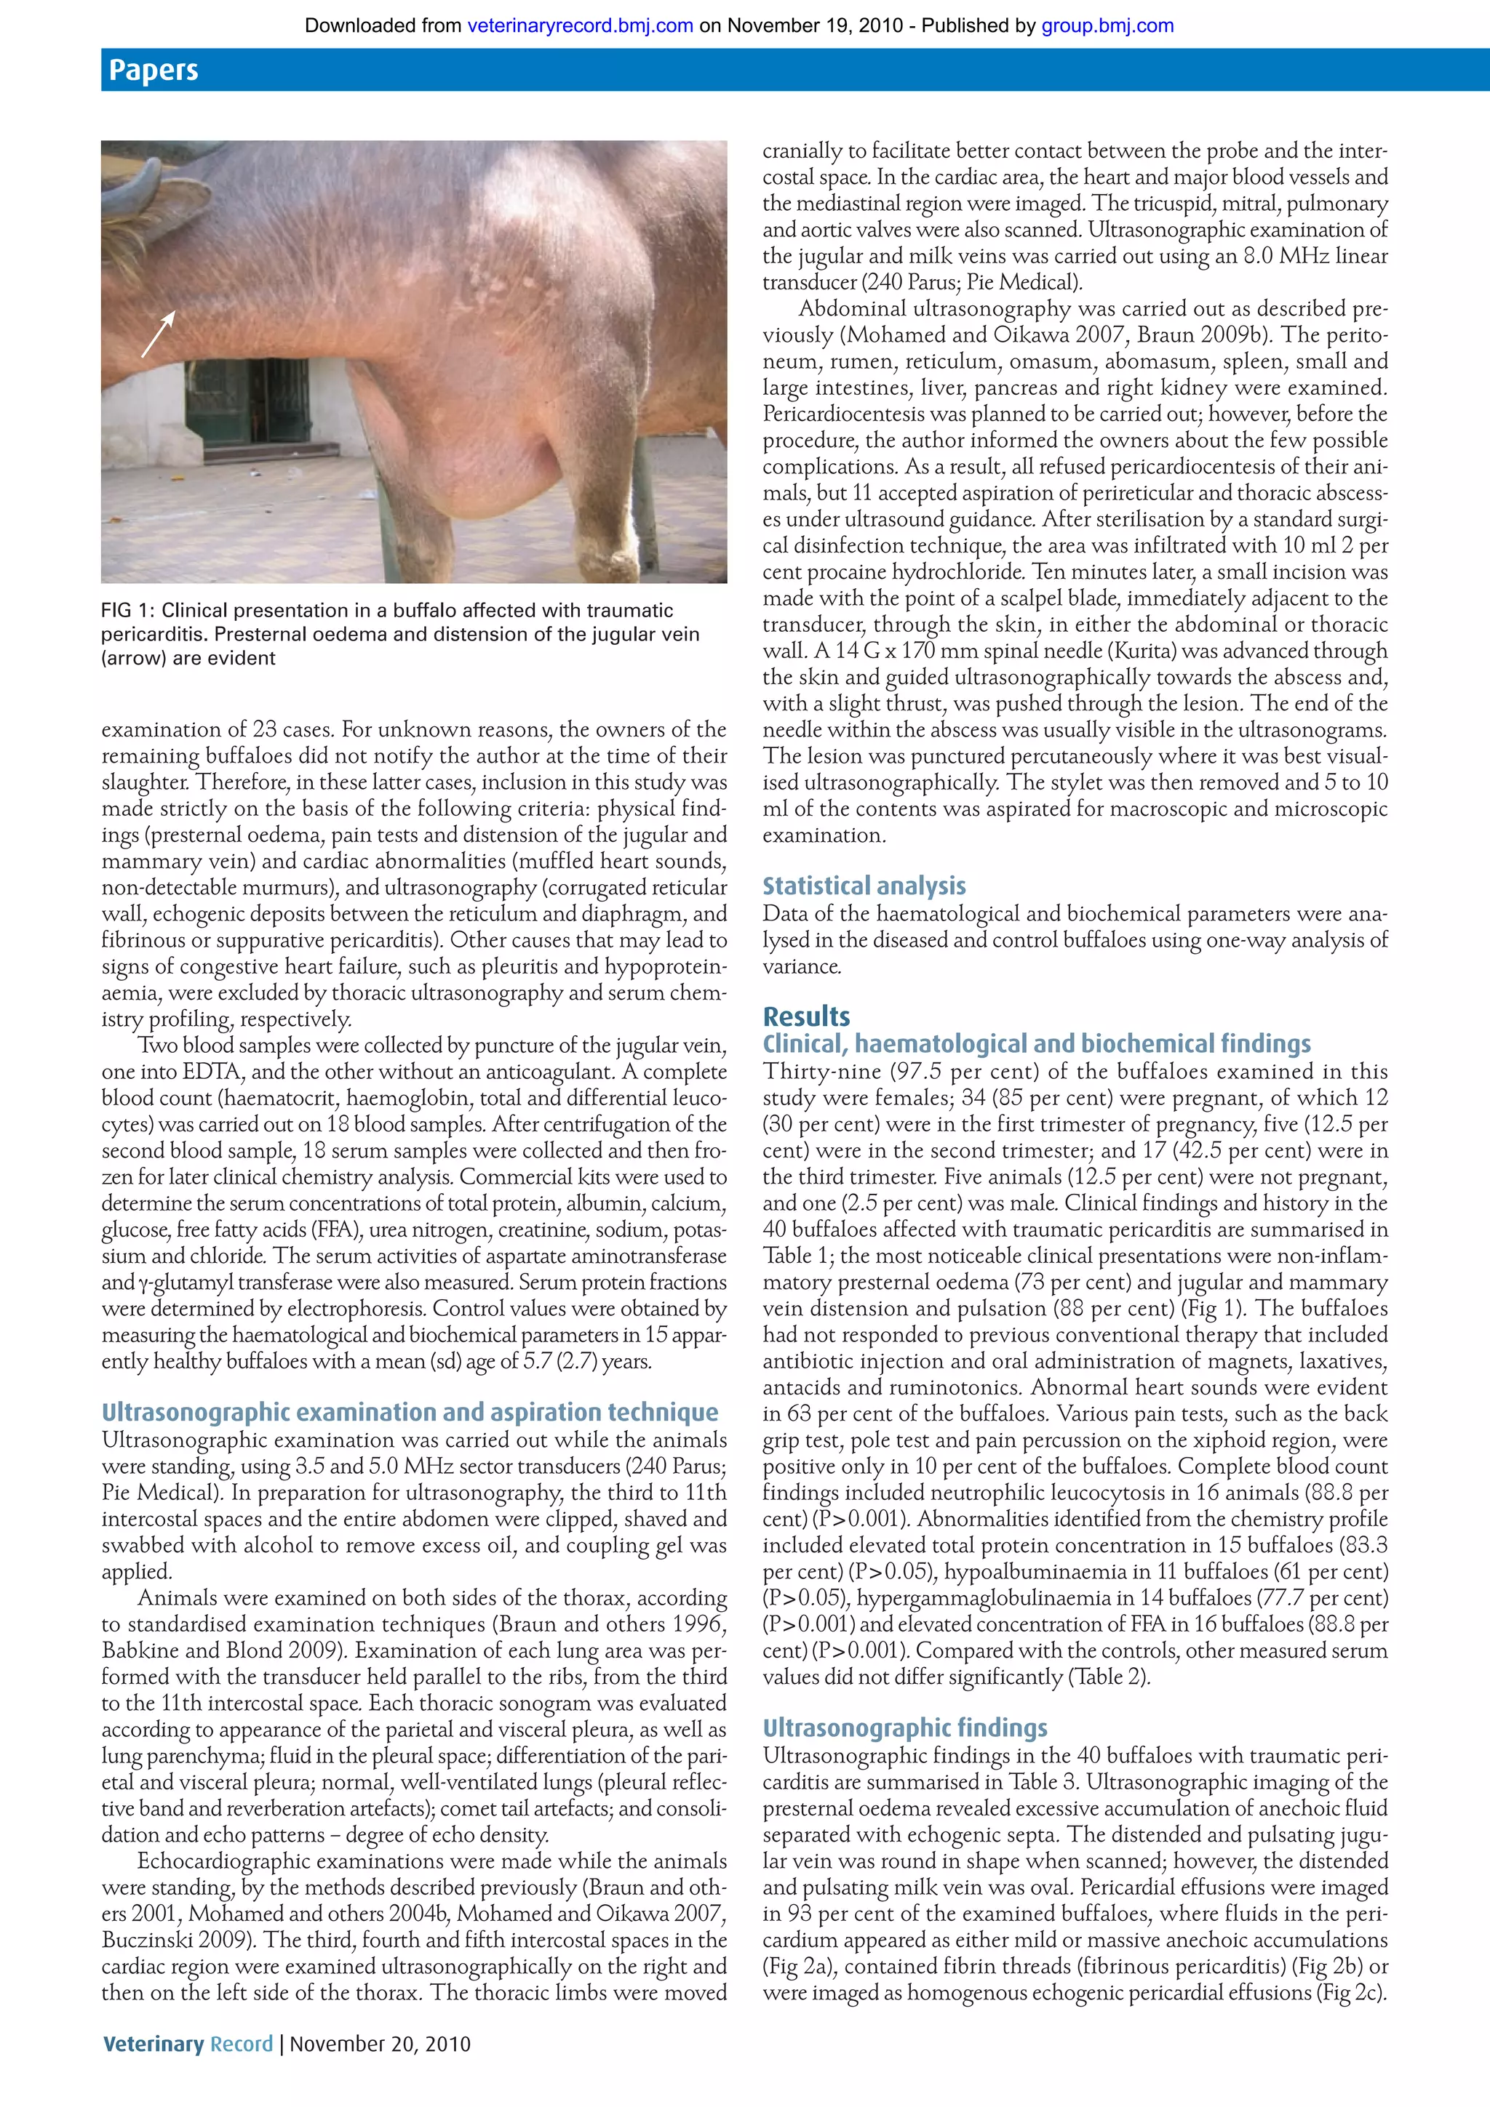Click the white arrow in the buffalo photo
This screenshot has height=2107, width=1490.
tap(158, 334)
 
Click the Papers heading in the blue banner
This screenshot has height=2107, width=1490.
tap(154, 71)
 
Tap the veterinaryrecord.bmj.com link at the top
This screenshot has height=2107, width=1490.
tap(580, 25)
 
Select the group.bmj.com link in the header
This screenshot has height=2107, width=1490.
tap(1107, 25)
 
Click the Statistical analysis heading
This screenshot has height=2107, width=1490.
tap(864, 886)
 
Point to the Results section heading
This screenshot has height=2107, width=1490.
tap(806, 1016)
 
